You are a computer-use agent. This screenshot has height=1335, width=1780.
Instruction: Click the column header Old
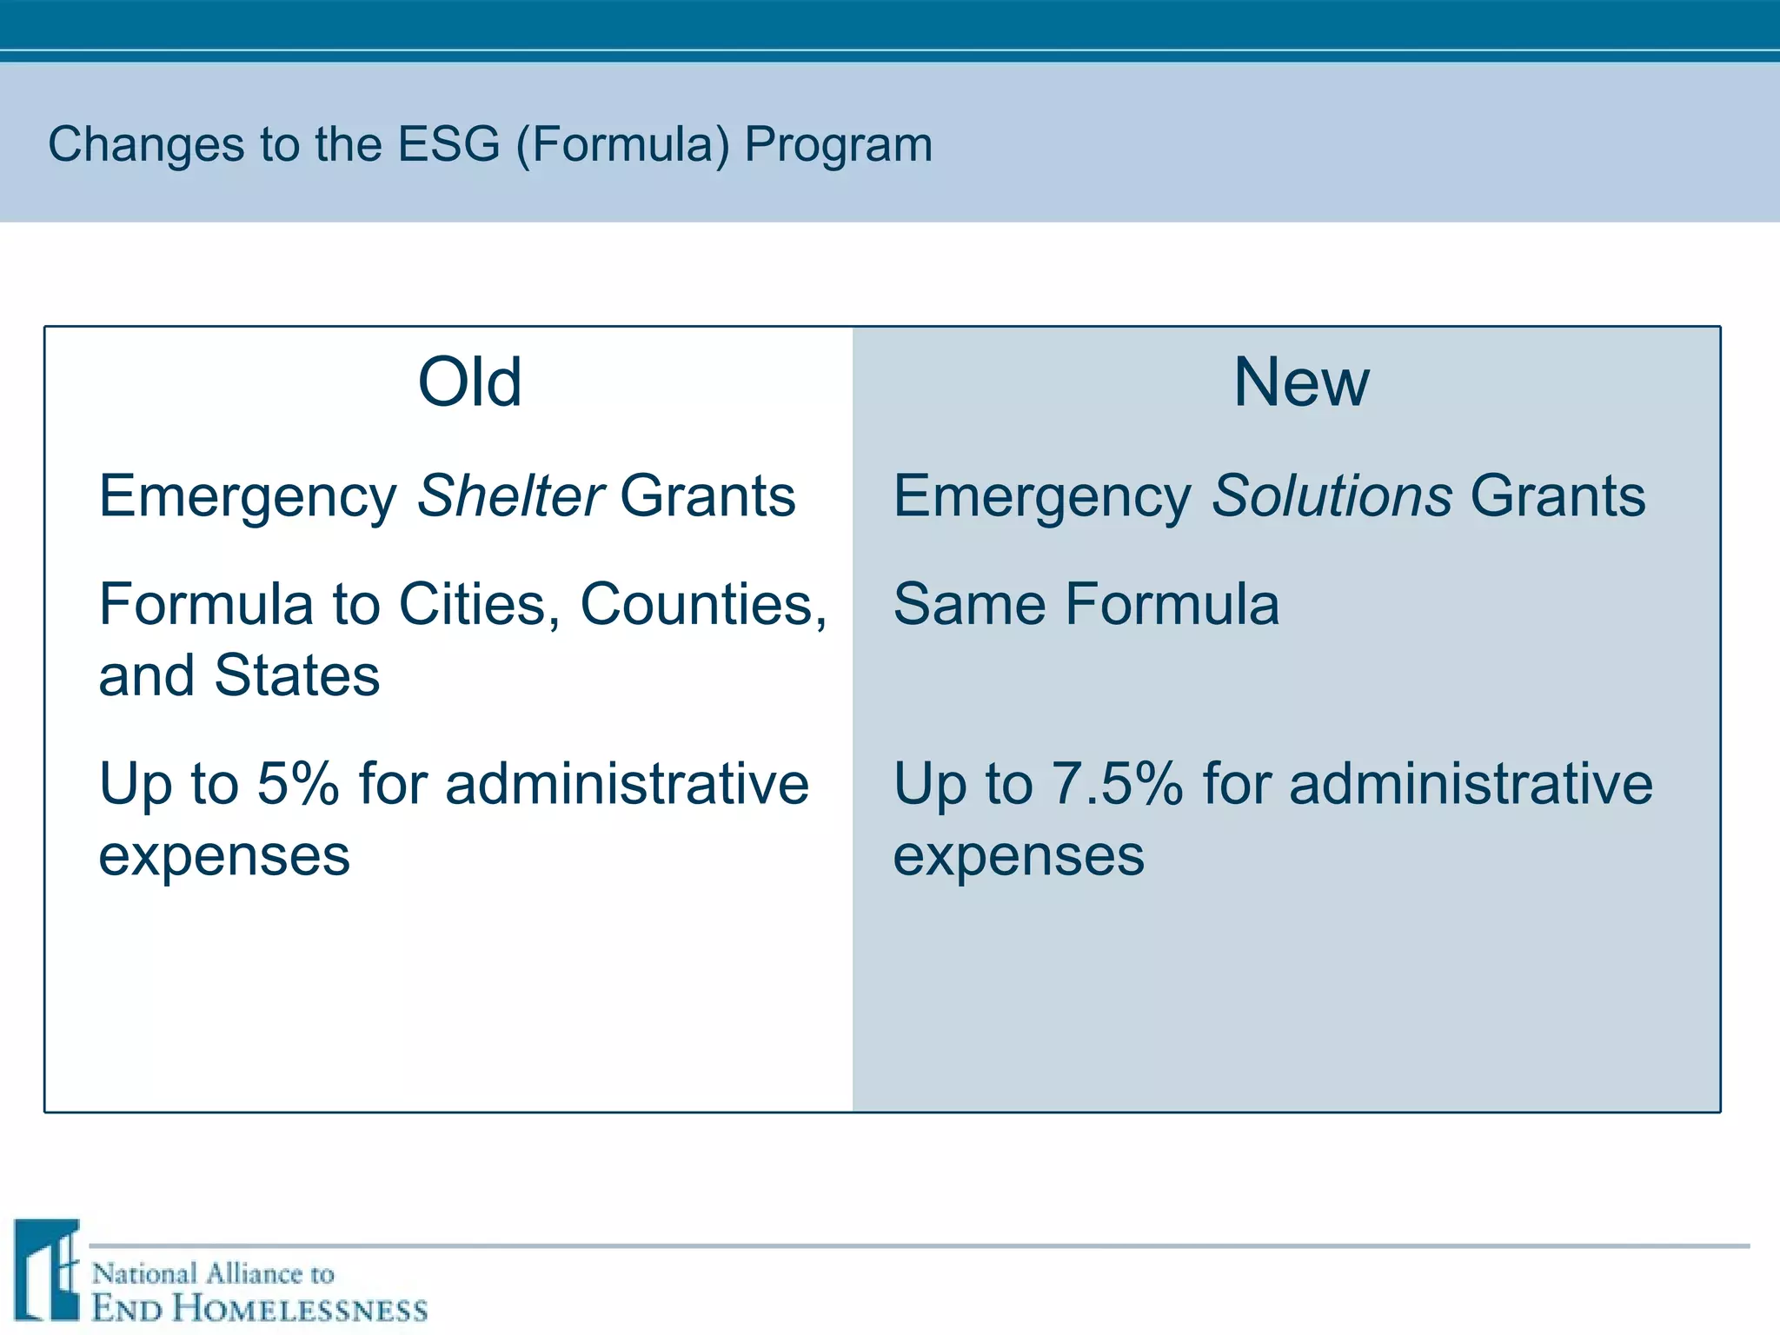469,382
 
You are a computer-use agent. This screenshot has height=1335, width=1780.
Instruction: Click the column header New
1301,382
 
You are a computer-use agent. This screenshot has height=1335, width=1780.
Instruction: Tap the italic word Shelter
510,496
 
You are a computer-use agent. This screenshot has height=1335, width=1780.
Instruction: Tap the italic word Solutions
1332,496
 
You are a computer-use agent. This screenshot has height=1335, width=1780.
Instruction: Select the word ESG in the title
448,144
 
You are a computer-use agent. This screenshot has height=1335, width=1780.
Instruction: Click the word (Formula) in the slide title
622,145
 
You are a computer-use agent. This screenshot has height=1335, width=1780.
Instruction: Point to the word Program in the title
838,145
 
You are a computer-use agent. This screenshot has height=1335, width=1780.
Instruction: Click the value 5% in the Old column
297,783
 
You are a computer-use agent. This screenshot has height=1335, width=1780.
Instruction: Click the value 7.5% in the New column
1116,783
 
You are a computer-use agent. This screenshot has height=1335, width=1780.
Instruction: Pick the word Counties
702,604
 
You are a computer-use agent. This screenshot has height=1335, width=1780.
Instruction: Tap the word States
297,675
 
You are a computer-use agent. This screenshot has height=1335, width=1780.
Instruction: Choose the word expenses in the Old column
224,857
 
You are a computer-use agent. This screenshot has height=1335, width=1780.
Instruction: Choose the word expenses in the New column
1019,857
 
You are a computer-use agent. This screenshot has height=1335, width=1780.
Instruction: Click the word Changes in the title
145,145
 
